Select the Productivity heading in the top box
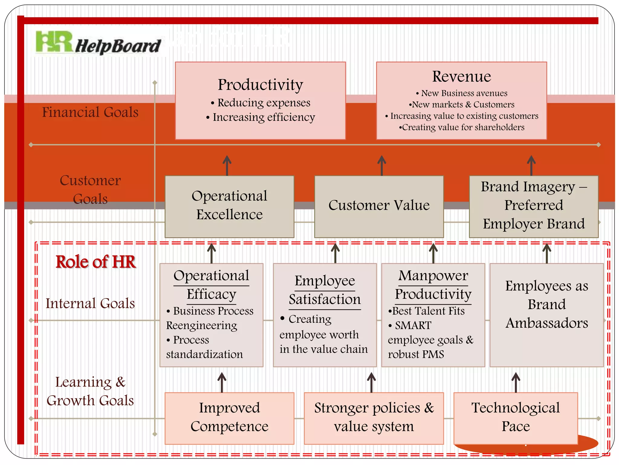[260, 85]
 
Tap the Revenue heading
[461, 76]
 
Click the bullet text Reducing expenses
[264, 103]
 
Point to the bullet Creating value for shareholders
[463, 127]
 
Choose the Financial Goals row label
[90, 112]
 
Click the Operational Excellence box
[229, 206]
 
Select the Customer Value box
[379, 206]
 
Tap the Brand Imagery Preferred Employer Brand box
[533, 206]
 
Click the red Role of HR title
[96, 262]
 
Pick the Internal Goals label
[90, 303]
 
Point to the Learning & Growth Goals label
[90, 391]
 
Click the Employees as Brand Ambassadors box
[546, 305]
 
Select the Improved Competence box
[229, 418]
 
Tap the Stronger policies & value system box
[374, 418]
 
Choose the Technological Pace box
[516, 418]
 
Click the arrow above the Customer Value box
[382, 165]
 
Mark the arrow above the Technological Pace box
[516, 382]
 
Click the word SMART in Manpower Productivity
[413, 325]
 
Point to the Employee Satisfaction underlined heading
[325, 290]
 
